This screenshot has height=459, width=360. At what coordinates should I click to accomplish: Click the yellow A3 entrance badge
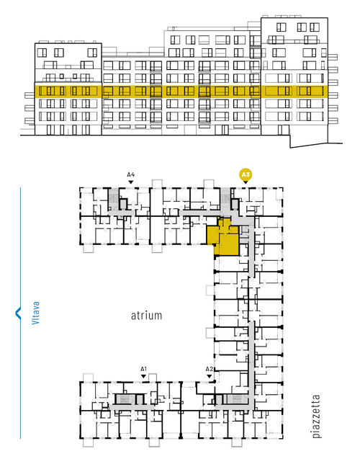click(246, 175)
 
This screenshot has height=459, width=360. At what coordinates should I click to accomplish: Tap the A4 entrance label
click(131, 175)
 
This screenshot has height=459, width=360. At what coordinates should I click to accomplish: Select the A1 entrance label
click(143, 369)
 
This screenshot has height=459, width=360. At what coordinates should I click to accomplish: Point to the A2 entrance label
click(209, 369)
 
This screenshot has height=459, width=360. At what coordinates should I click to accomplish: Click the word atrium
click(146, 316)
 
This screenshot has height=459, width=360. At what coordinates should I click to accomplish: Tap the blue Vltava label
click(35, 313)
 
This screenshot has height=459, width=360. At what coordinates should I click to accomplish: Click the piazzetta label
click(316, 416)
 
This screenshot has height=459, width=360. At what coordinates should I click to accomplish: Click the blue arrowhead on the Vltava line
click(18, 313)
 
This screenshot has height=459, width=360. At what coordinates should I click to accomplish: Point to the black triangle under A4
click(131, 182)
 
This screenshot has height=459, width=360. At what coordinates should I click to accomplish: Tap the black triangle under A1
click(143, 376)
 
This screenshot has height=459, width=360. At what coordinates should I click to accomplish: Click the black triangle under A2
click(209, 376)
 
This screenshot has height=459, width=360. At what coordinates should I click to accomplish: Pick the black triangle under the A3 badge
click(246, 182)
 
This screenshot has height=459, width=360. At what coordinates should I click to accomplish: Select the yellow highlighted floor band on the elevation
click(181, 92)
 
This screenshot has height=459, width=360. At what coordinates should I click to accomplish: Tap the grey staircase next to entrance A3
click(225, 198)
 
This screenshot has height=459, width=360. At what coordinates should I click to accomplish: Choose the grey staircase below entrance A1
click(125, 398)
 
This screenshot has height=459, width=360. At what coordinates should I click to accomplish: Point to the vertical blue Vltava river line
click(20, 313)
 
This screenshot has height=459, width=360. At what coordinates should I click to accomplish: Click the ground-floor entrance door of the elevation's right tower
click(284, 130)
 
